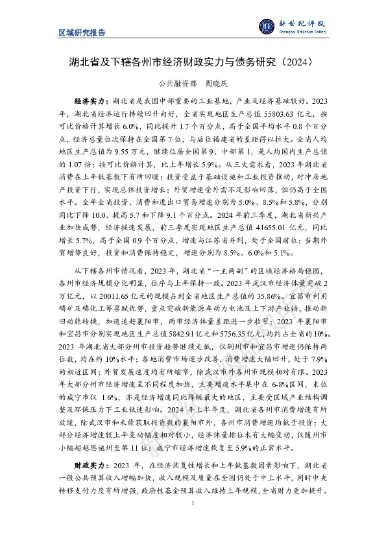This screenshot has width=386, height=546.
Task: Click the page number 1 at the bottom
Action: (x=193, y=503)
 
